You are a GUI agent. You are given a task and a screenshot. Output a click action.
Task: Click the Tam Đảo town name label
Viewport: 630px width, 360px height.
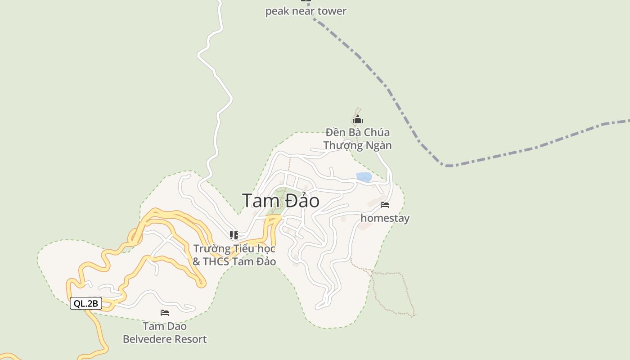click(x=281, y=201)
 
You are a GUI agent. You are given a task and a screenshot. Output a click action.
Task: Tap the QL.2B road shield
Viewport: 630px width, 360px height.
click(x=86, y=304)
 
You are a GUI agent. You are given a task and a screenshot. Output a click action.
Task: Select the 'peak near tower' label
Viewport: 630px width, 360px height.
click(x=306, y=11)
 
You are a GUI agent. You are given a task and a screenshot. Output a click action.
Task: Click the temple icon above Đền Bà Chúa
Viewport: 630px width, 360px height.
click(x=358, y=120)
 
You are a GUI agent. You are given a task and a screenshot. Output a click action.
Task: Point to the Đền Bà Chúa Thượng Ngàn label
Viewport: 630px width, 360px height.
click(x=358, y=139)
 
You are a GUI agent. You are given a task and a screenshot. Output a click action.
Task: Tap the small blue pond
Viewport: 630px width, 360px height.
click(x=364, y=177)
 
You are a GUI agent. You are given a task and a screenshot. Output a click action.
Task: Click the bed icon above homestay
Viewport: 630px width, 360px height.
click(x=385, y=205)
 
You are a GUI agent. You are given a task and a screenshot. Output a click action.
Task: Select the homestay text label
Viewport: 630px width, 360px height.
click(x=385, y=218)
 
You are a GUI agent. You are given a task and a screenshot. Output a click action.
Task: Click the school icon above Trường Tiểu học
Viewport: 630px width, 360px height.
click(x=234, y=235)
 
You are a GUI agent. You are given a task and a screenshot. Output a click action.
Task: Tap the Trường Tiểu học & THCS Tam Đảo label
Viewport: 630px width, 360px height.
click(x=234, y=255)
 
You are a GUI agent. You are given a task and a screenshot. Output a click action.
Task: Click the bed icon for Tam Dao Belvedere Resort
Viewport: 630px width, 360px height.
click(x=165, y=313)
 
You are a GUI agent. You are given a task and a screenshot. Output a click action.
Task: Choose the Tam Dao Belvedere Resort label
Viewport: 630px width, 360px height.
click(x=165, y=333)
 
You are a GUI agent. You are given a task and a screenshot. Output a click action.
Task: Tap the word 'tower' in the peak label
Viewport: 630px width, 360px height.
click(x=332, y=11)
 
